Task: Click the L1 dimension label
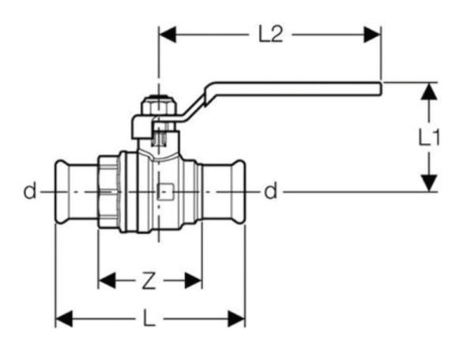tap(428, 137)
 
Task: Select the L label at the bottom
tap(149, 319)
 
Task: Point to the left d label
tap(29, 191)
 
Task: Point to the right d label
tap(271, 191)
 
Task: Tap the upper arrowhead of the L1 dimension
tap(428, 90)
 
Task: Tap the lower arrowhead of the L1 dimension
tap(428, 182)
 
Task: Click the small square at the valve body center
tap(164, 191)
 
